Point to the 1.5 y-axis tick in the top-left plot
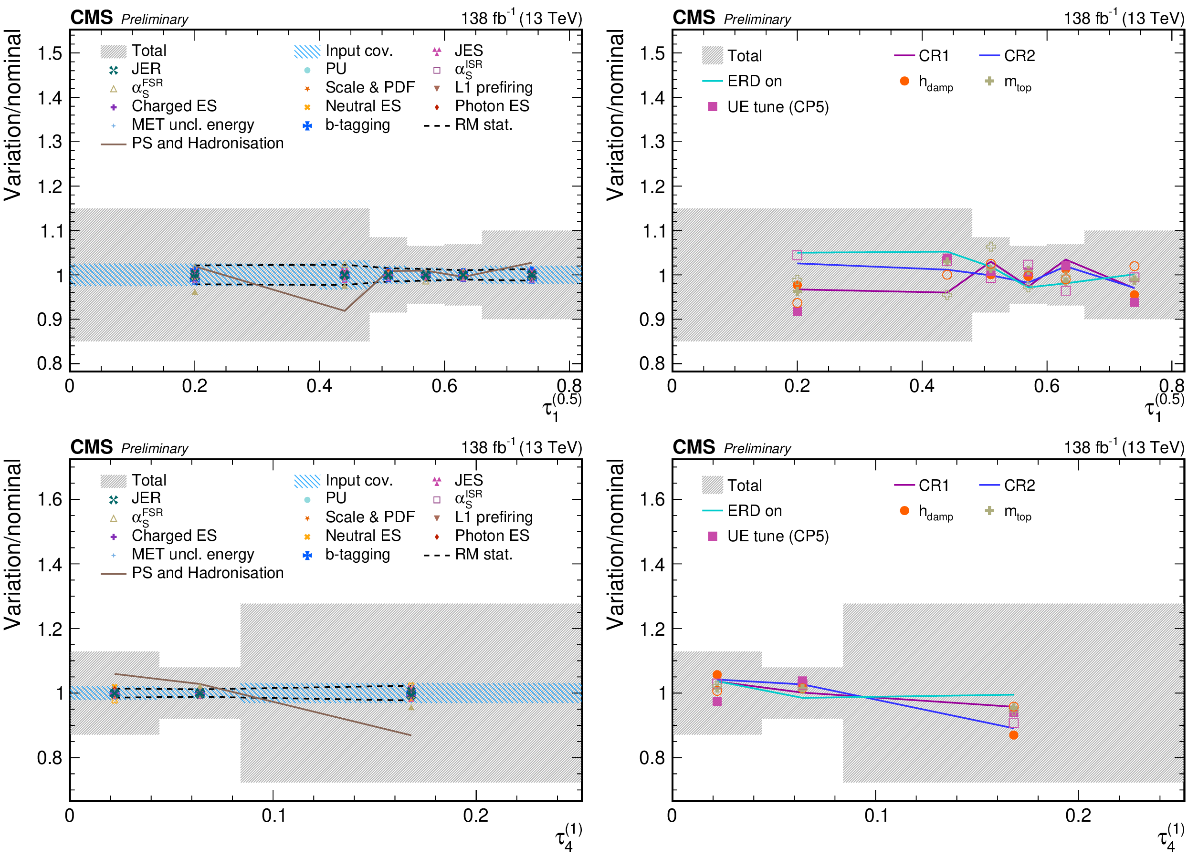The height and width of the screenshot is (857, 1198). (50, 53)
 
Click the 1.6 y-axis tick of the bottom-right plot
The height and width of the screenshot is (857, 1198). (652, 499)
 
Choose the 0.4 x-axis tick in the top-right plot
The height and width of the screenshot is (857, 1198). (921, 386)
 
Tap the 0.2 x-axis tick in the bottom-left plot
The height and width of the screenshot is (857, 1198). (475, 816)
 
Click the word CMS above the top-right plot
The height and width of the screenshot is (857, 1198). (693, 18)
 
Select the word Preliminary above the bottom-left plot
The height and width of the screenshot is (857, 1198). (155, 449)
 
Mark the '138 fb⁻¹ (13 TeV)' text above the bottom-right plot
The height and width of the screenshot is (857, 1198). (1124, 447)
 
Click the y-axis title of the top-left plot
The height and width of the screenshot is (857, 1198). (13, 115)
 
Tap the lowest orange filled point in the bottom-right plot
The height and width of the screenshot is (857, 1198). (1013, 735)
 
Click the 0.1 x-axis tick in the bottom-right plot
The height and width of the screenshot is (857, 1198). (876, 816)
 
